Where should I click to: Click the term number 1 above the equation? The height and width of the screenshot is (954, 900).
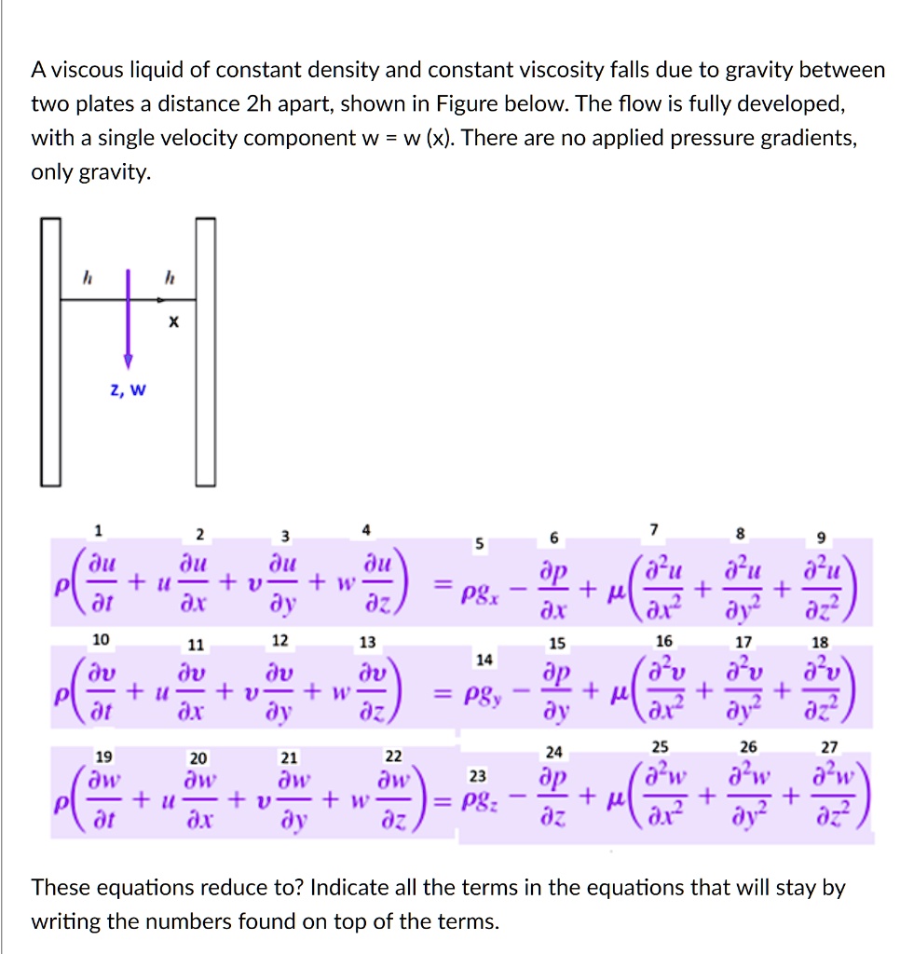click(99, 531)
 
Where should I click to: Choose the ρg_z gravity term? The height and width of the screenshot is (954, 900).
click(483, 801)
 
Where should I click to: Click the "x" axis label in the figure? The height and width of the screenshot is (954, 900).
click(171, 323)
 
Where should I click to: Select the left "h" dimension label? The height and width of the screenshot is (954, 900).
click(89, 277)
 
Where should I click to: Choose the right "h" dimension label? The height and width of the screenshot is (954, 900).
click(169, 277)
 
